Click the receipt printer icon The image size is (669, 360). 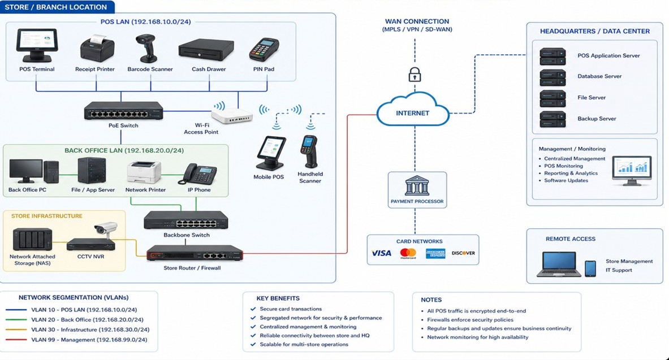(97, 49)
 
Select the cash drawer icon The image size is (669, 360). (206, 50)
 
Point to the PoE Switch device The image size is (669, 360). (123, 111)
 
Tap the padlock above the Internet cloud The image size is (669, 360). (415, 74)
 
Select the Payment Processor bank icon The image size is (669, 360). (417, 186)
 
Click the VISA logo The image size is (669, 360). (381, 253)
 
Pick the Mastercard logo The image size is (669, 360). (408, 253)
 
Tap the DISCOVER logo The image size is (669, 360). (463, 253)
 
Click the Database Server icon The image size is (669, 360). (553, 77)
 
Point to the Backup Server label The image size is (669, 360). (597, 119)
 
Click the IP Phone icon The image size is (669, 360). (199, 174)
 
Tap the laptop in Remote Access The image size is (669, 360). (559, 264)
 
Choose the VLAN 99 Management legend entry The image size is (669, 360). (76, 340)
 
